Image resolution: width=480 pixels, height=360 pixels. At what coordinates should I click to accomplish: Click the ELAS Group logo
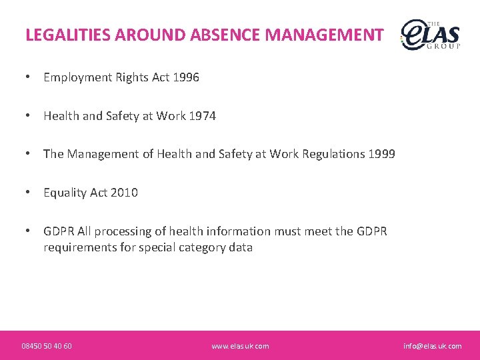tap(430, 35)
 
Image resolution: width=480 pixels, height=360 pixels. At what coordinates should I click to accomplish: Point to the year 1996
tap(186, 77)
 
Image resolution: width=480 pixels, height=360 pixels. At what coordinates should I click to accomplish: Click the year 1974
tap(203, 116)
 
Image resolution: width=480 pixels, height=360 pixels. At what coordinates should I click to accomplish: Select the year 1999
tap(381, 154)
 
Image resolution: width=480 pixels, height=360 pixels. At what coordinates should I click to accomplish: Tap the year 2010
tap(125, 193)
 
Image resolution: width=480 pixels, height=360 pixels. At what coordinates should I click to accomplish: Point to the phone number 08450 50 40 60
tap(47, 346)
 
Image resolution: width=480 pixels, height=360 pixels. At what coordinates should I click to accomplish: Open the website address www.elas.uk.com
tap(240, 346)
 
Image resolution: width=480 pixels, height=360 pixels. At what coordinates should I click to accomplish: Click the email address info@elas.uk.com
tap(432, 346)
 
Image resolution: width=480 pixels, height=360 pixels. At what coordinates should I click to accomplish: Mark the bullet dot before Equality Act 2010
tap(28, 193)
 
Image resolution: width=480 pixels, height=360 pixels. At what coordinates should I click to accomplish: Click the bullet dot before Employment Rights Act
tap(28, 77)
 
